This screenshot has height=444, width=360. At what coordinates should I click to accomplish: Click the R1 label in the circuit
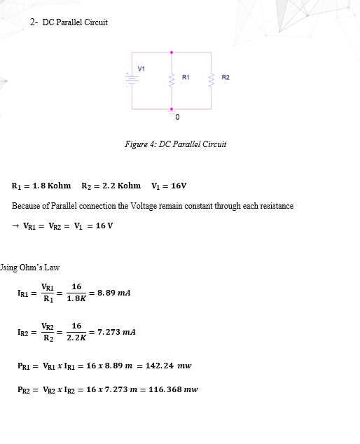[x=186, y=76]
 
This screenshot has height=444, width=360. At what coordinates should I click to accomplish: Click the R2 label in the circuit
[x=226, y=76]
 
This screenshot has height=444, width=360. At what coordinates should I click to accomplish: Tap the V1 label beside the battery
[x=141, y=68]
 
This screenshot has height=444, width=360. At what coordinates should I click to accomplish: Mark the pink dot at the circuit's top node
[x=172, y=52]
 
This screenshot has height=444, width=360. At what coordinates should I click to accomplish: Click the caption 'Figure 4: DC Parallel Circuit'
[x=175, y=144]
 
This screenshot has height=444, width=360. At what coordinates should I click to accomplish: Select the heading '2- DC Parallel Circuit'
[x=69, y=22]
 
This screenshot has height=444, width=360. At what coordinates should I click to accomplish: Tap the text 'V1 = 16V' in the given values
[x=168, y=186]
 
